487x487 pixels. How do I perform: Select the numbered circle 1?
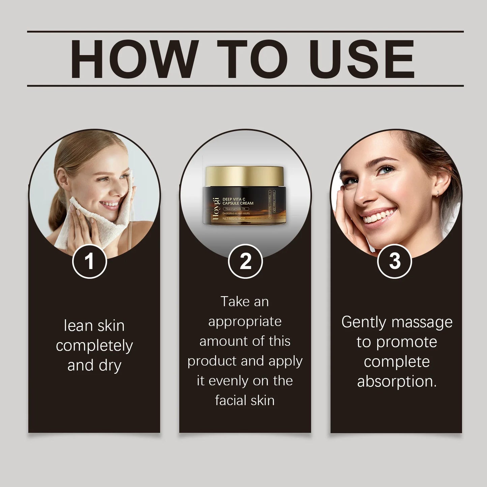[x=89, y=261]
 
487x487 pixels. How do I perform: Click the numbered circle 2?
[x=245, y=261]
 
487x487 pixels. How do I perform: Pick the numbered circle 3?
[x=394, y=261]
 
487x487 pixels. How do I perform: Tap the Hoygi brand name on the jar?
[x=216, y=209]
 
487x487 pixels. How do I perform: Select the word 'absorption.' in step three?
[x=397, y=382]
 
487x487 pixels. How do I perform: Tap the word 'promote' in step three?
[x=406, y=342]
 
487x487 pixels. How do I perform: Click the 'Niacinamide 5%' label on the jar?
[x=236, y=209]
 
